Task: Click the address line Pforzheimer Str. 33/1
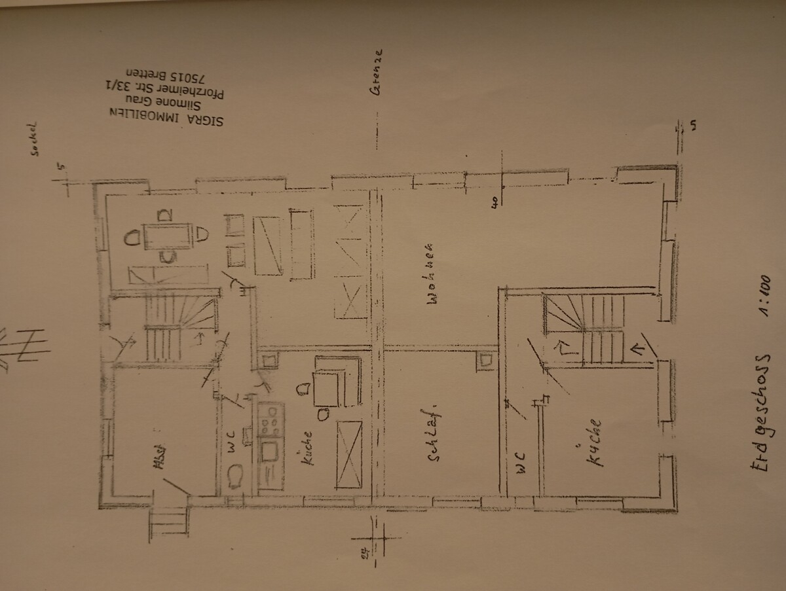pos(172,87)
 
